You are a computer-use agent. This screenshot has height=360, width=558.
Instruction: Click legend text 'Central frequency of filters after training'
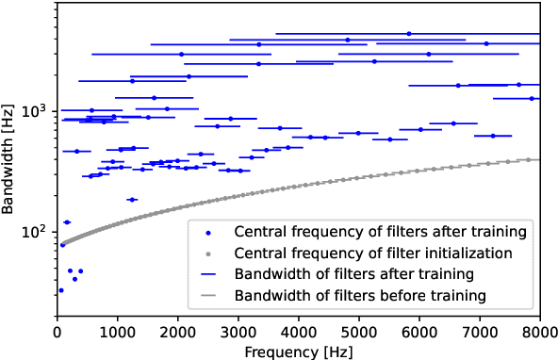380,231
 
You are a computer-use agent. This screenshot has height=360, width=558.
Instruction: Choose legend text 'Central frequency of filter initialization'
373,253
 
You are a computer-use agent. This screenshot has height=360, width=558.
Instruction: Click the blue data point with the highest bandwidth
408,33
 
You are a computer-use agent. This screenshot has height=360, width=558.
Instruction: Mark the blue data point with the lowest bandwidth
61,290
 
